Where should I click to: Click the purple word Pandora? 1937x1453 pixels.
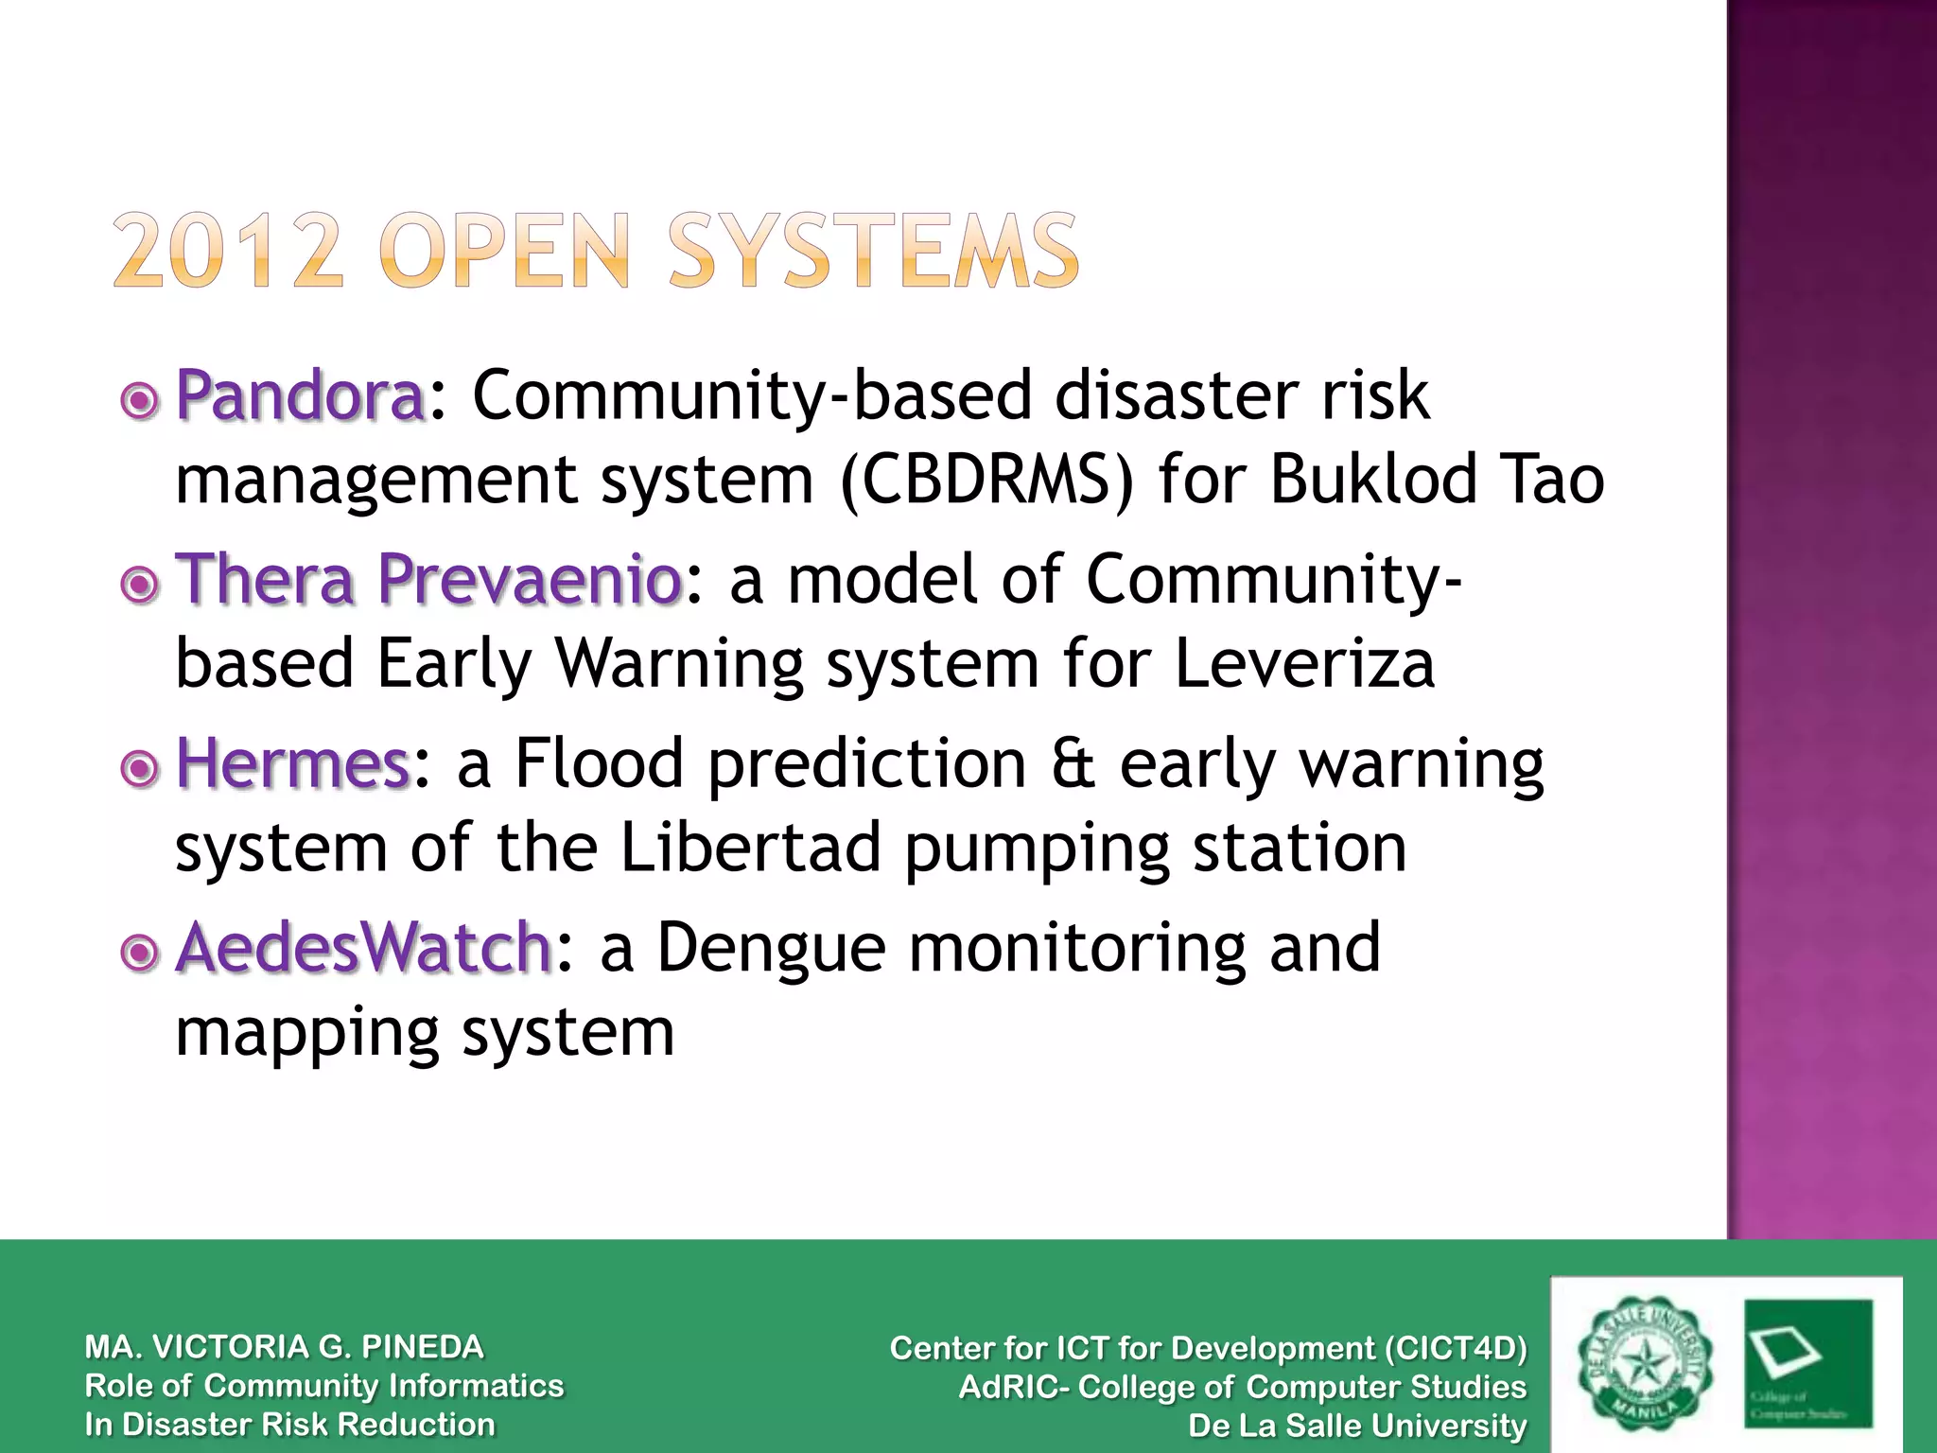301,395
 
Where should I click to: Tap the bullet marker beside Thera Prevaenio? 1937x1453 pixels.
140,585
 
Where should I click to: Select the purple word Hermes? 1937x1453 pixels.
293,764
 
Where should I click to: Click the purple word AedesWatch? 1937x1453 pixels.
364,948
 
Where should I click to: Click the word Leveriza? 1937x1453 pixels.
1304,663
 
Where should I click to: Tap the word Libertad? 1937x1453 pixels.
751,847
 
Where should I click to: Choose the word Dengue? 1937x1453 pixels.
771,948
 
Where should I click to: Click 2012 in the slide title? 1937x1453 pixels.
228,251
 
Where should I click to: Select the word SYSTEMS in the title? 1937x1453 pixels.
872,251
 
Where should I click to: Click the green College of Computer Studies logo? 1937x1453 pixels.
1807,1363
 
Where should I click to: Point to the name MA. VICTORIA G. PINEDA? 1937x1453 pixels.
284,1347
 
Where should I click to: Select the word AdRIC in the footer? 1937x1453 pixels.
1010,1388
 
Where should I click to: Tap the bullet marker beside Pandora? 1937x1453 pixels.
140,402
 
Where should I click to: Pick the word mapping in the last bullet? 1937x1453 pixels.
307,1033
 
